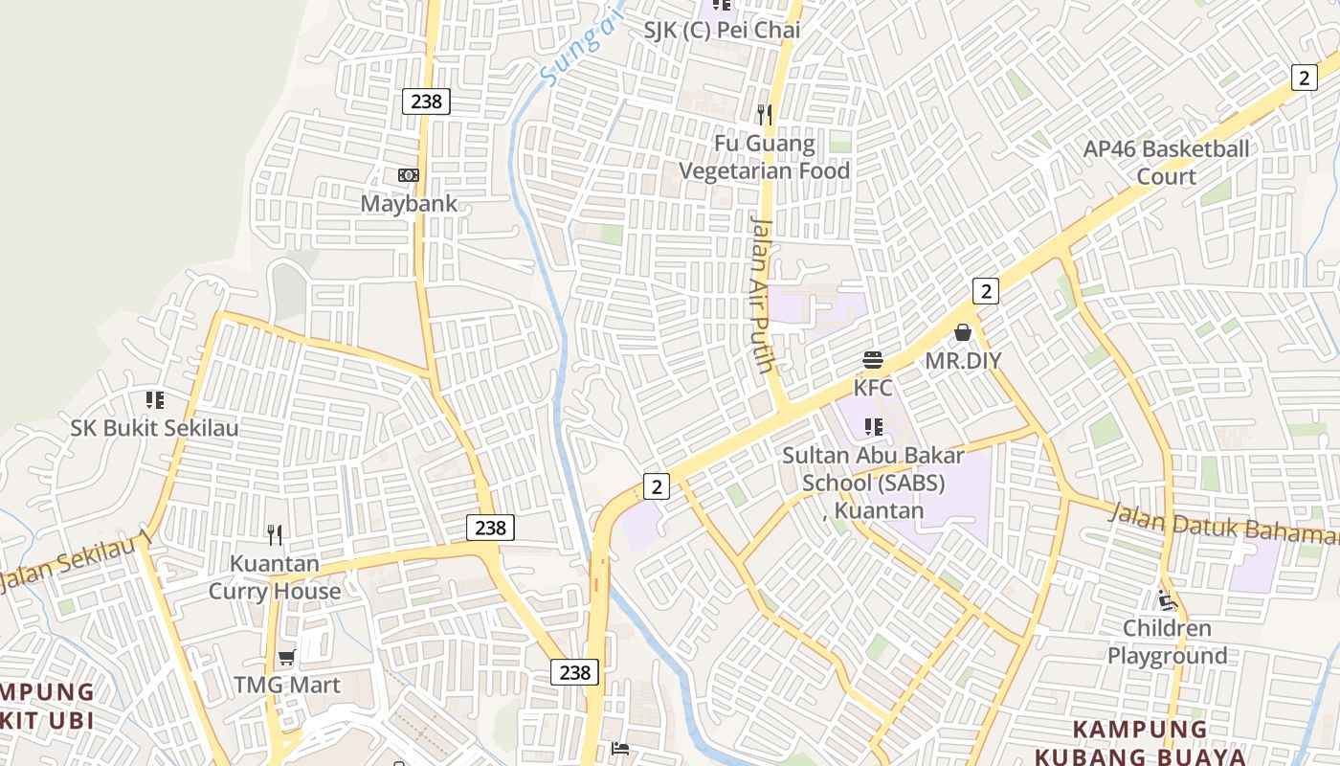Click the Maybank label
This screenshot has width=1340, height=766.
pyautogui.click(x=409, y=204)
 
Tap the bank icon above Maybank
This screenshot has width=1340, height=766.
pyautogui.click(x=409, y=175)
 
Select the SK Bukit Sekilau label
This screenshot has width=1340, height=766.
pyautogui.click(x=155, y=428)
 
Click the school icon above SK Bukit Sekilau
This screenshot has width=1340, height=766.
pyautogui.click(x=155, y=399)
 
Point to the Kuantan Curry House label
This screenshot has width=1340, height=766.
pyautogui.click(x=275, y=577)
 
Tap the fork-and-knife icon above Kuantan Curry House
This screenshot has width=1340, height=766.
pyautogui.click(x=275, y=534)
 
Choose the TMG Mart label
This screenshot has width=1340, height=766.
pyautogui.click(x=287, y=685)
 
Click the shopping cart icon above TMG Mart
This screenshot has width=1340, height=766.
pyautogui.click(x=287, y=657)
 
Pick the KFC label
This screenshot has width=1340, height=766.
pyautogui.click(x=873, y=388)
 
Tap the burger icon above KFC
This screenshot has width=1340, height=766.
pyautogui.click(x=873, y=360)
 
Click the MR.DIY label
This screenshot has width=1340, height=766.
pyautogui.click(x=963, y=361)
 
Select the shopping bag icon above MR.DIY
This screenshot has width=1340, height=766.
pyautogui.click(x=963, y=332)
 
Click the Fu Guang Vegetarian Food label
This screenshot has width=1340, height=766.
pyautogui.click(x=765, y=158)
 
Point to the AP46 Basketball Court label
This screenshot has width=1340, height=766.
pyautogui.click(x=1166, y=163)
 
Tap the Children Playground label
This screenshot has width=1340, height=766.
pyautogui.click(x=1167, y=642)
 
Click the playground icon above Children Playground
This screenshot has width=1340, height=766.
pyautogui.click(x=1167, y=600)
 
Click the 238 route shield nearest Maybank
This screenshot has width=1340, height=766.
pyautogui.click(x=426, y=101)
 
